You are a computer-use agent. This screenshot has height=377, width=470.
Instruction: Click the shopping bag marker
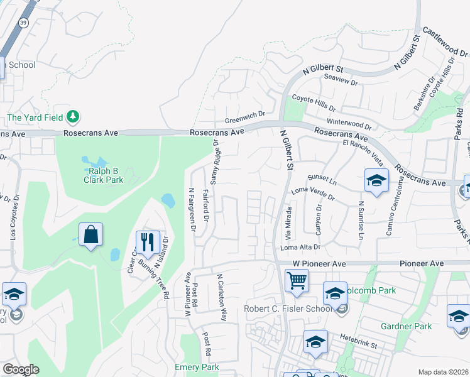(x=90, y=235)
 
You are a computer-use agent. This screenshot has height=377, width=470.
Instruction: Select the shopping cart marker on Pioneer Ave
(x=297, y=280)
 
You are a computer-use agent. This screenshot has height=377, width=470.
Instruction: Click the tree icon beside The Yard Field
(x=74, y=116)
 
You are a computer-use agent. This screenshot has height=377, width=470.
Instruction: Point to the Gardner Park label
(x=406, y=326)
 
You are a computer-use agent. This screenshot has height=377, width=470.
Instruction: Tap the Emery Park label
(x=197, y=367)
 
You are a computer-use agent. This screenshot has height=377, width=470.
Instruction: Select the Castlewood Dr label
(x=445, y=40)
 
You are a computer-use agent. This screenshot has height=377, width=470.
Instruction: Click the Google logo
(x=20, y=369)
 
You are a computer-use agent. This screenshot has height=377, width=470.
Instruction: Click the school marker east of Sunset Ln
(x=376, y=181)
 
